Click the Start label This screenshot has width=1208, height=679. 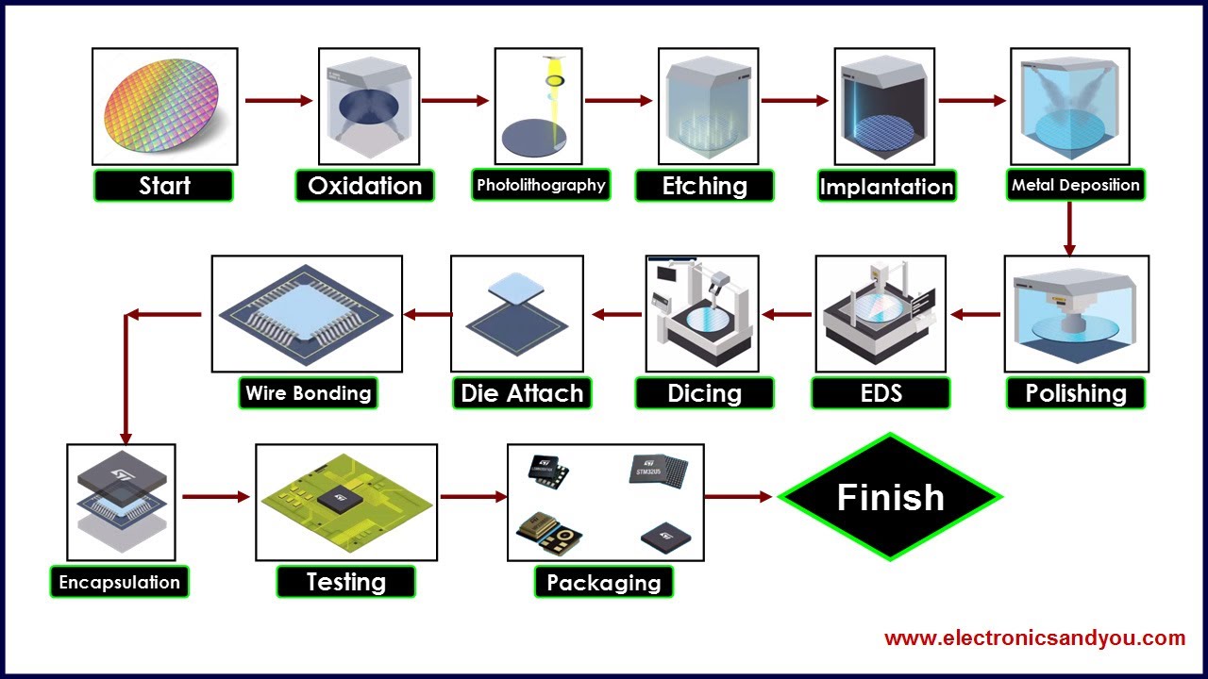pyautogui.click(x=164, y=186)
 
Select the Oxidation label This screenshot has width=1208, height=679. pyautogui.click(x=365, y=186)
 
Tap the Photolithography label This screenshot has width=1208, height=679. pyautogui.click(x=541, y=185)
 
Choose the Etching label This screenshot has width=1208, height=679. pyautogui.click(x=704, y=186)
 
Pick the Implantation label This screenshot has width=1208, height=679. pyautogui.click(x=886, y=187)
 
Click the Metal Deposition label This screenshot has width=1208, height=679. pyautogui.click(x=1075, y=185)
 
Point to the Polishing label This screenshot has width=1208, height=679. pyautogui.click(x=1076, y=393)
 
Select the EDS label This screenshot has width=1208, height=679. pyautogui.click(x=880, y=393)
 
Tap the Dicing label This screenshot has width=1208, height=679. pyautogui.click(x=704, y=393)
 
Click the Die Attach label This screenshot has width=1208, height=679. pyautogui.click(x=522, y=393)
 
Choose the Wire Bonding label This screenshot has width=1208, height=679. pyautogui.click(x=308, y=393)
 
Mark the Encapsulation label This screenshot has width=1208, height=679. pyautogui.click(x=119, y=582)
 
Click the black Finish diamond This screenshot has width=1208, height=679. pyautogui.click(x=890, y=497)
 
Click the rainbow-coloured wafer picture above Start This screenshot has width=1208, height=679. pyautogui.click(x=164, y=106)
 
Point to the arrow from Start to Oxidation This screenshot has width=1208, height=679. pyautogui.click(x=278, y=101)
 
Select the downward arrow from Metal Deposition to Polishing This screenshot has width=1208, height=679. pyautogui.click(x=1069, y=229)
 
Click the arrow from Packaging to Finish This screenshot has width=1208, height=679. pyautogui.click(x=739, y=497)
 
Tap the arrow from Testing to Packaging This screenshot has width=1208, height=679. pyautogui.click(x=474, y=497)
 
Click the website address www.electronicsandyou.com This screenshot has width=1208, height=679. pyautogui.click(x=1034, y=638)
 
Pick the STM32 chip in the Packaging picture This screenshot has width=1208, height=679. pyautogui.click(x=657, y=469)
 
